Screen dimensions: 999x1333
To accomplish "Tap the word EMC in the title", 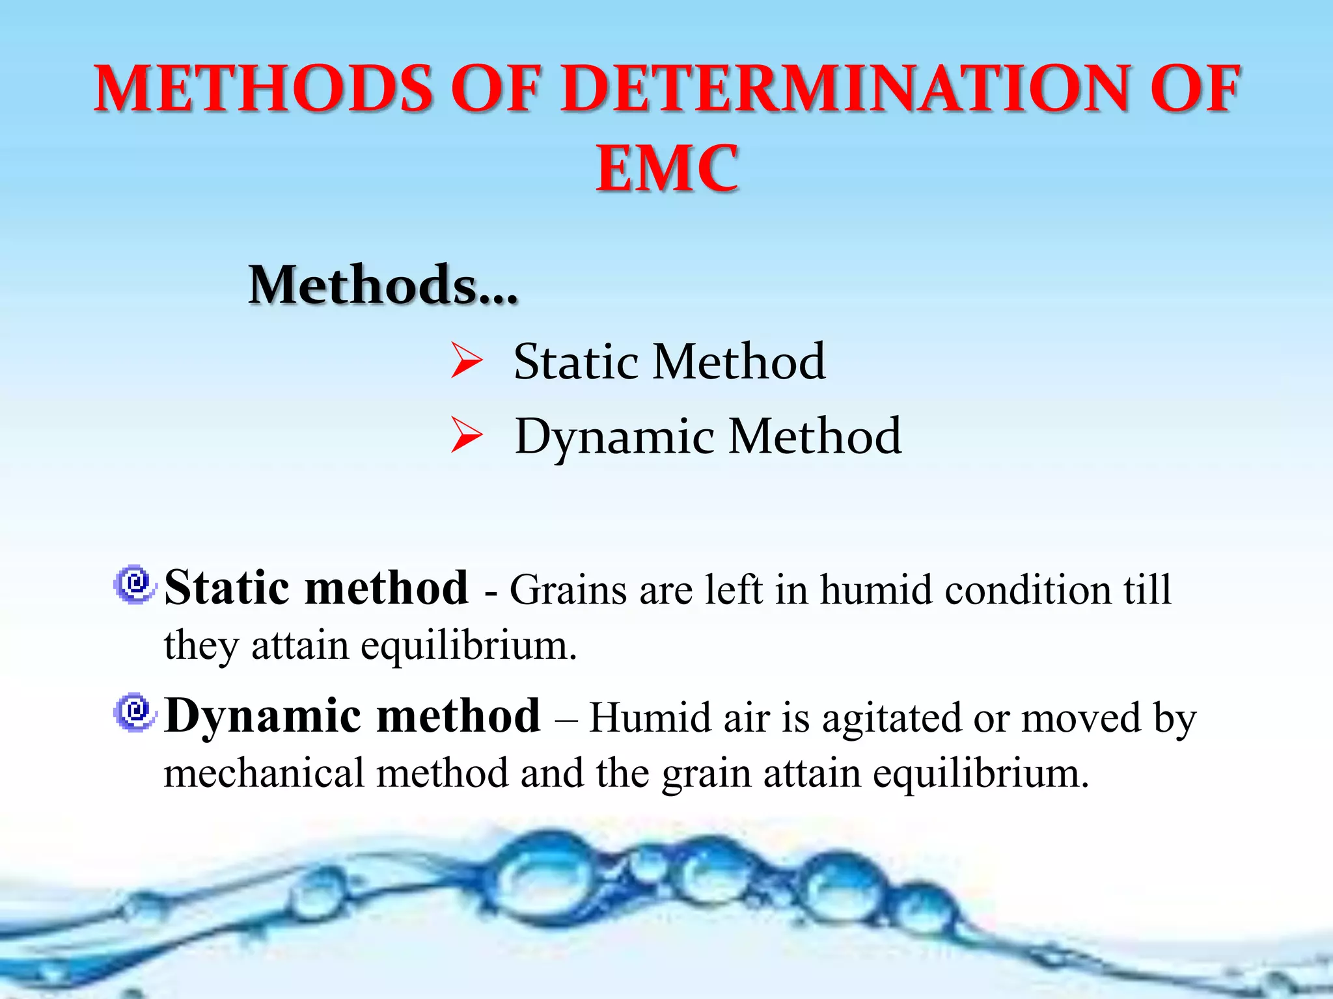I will pos(668,169).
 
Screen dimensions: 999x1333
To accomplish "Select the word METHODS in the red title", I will pos(264,89).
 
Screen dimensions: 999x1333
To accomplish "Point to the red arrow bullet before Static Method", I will pos(467,362).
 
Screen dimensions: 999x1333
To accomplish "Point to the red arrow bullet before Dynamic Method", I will pos(467,436).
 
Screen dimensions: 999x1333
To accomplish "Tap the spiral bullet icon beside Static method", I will pos(135,583).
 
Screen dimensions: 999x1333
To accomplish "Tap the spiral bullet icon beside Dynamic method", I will pos(135,712).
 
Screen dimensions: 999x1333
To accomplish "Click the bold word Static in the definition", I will pos(227,588).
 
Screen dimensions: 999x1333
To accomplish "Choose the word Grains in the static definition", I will pos(568,591).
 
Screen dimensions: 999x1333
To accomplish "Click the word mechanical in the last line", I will pos(264,774).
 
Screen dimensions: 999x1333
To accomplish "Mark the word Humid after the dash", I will pos(642,719).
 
